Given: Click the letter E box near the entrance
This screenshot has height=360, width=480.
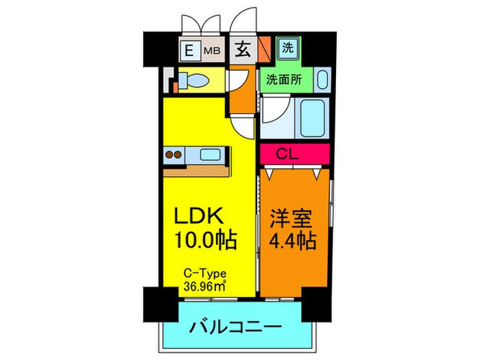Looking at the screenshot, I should click(x=187, y=49).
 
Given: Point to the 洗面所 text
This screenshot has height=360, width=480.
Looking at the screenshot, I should click(x=285, y=78).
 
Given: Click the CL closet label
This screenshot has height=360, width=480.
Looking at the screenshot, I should click(x=293, y=154).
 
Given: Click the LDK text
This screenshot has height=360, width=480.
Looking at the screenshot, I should click(x=198, y=217).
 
